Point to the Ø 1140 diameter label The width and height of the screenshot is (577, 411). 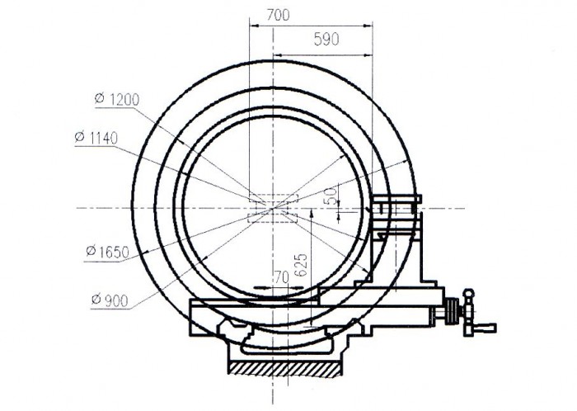(95, 135)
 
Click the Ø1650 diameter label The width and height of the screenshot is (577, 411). (106, 253)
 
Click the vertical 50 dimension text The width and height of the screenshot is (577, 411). (331, 196)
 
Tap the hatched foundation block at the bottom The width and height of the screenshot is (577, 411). (285, 363)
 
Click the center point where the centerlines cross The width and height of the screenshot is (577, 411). (272, 207)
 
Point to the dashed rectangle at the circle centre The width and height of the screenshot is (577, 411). (272, 207)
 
